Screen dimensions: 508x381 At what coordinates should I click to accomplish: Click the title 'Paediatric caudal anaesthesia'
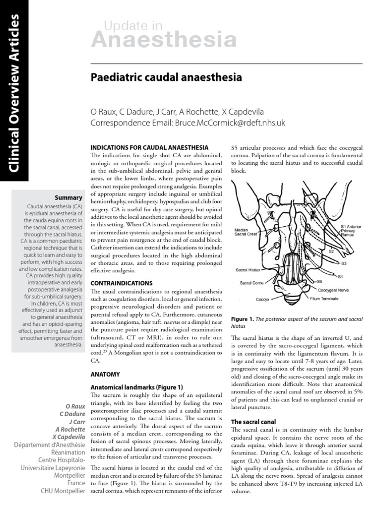166,78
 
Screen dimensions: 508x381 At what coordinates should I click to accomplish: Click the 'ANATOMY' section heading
105,374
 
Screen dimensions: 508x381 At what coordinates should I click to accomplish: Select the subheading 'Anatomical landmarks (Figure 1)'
136,387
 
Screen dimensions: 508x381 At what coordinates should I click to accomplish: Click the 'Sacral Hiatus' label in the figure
248,270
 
